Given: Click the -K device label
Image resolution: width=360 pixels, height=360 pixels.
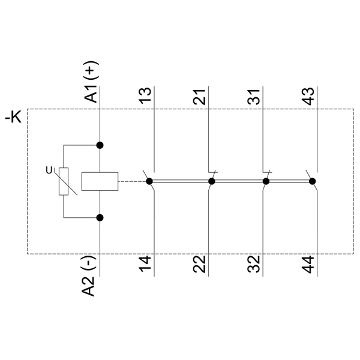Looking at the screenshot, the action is click(13, 118).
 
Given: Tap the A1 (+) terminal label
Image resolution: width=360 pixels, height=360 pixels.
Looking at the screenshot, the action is click(91, 82).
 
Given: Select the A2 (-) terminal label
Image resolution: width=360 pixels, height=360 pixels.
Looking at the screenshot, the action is click(89, 276).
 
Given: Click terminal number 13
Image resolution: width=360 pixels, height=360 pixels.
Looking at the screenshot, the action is click(146, 95).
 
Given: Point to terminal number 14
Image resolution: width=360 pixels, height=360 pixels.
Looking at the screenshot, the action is click(146, 264).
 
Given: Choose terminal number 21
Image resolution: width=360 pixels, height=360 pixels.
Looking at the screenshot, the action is click(200, 97).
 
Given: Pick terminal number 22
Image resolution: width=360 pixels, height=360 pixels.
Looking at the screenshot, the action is click(200, 264).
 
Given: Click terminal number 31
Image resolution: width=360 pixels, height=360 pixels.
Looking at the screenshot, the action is click(254, 97).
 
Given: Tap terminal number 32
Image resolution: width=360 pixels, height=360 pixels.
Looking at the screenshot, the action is click(254, 264).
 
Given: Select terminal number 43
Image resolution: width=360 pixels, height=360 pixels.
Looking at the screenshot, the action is click(308, 96).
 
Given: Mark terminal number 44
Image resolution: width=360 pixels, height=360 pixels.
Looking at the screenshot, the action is click(308, 264).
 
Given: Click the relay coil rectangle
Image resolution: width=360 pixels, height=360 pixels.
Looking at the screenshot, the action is click(100, 181).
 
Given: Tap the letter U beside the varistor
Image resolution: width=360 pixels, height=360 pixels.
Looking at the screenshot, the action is click(49, 170).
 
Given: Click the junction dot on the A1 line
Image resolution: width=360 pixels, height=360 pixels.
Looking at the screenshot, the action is click(100, 145).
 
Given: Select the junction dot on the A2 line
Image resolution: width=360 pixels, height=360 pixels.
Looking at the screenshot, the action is click(100, 218).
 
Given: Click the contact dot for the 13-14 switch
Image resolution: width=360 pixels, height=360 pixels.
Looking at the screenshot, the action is click(149, 181).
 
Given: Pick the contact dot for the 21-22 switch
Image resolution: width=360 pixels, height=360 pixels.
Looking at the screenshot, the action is click(211, 181).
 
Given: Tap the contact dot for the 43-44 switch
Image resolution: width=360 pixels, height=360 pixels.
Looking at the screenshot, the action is click(312, 181).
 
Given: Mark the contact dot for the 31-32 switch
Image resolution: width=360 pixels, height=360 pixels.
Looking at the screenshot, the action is click(266, 181).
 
